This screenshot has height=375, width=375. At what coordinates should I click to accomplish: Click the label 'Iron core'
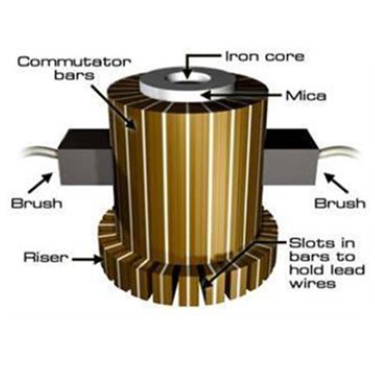point(264,57)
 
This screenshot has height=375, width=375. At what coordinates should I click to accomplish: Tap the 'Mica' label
point(306,96)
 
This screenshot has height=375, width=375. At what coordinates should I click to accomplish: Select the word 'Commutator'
point(74,62)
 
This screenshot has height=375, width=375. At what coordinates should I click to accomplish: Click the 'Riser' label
point(46,258)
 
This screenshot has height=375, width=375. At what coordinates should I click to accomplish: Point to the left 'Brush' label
point(37,203)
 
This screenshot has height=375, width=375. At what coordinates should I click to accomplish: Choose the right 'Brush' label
point(339,203)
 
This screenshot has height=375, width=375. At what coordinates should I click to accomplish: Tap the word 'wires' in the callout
point(312,283)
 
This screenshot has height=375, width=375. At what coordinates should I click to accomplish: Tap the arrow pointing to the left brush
point(40,183)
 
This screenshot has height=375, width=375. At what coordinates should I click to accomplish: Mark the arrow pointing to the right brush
point(336,183)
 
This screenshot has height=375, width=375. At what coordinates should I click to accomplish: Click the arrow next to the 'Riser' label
point(87,259)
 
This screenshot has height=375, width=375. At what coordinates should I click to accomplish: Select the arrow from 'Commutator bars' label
point(114,106)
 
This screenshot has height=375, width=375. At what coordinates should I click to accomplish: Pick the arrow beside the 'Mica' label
point(240,95)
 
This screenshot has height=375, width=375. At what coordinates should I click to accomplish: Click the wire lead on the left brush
point(40,153)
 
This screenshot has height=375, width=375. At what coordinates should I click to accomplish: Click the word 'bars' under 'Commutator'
point(74,76)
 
